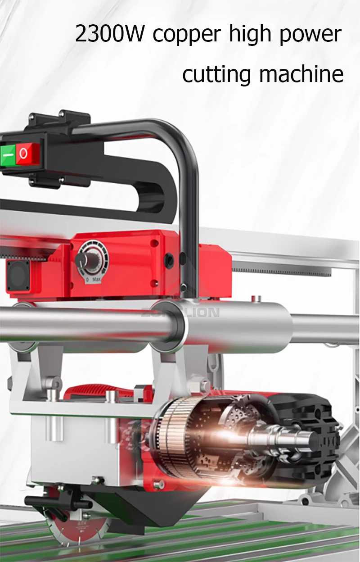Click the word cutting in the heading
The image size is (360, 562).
pyautogui.click(x=216, y=75)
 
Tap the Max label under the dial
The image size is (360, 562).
pyautogui.click(x=96, y=280)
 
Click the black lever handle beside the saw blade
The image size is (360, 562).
pyautogui.click(x=45, y=500)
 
